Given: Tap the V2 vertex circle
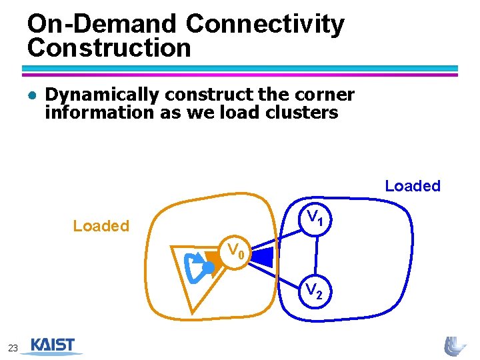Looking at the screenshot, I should click(x=315, y=291).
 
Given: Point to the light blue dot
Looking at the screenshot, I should click(x=208, y=267).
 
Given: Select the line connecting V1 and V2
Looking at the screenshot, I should click(x=317, y=253).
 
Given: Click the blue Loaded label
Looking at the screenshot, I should click(x=413, y=186).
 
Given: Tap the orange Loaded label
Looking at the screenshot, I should click(x=101, y=226).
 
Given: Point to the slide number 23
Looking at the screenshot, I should click(x=13, y=347).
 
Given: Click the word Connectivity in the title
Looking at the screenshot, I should click(x=265, y=24).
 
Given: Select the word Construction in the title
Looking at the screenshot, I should click(x=109, y=48).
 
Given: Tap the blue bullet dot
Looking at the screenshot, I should click(x=31, y=95).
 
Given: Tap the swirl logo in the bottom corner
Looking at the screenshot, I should click(x=455, y=345).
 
